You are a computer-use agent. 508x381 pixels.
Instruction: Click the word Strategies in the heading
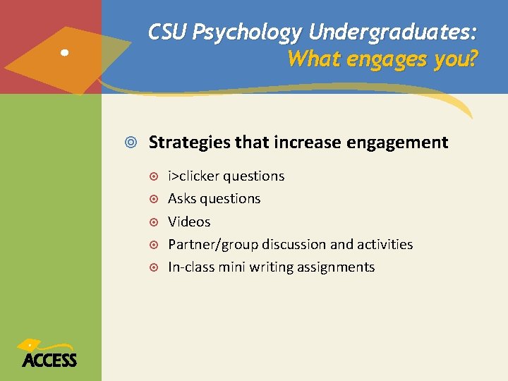coord(189,143)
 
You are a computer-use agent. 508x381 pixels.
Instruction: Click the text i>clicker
coord(193,176)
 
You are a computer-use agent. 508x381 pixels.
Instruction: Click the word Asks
coord(181,199)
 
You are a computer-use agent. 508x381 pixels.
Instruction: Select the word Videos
coord(189,222)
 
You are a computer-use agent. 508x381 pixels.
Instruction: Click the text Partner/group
coord(213,245)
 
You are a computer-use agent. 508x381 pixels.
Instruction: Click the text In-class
coord(190,267)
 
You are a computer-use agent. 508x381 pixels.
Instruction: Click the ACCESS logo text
coord(49,360)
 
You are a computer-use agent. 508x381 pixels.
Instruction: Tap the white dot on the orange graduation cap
coord(64,52)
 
